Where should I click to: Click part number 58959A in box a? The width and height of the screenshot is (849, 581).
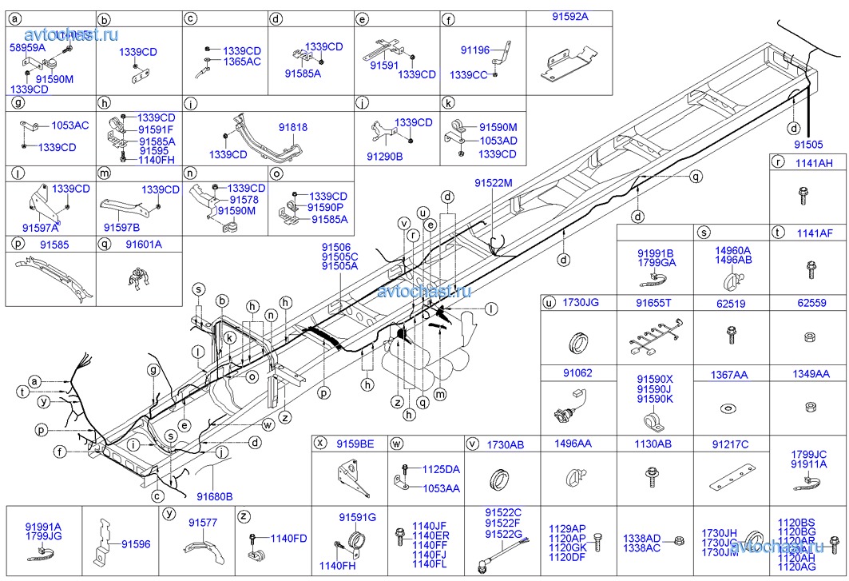click(26, 48)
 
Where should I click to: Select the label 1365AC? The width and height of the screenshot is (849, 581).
click(242, 62)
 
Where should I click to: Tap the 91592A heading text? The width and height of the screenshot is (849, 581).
click(569, 17)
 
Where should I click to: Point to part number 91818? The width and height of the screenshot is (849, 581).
click(293, 128)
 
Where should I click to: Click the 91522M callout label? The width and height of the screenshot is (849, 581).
click(493, 183)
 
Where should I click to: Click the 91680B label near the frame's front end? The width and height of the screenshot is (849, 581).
click(215, 496)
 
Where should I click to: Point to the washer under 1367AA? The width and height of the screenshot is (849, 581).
click(729, 409)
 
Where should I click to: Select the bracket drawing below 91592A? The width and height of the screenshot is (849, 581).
click(569, 64)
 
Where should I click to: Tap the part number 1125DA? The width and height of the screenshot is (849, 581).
click(441, 469)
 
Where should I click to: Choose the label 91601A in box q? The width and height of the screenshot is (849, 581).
click(143, 245)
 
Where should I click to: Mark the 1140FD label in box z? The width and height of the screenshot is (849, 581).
click(288, 538)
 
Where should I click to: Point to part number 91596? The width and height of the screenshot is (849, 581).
click(136, 544)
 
